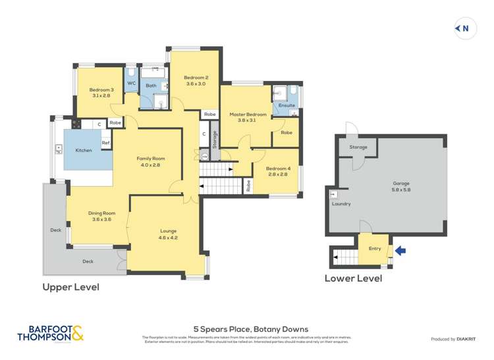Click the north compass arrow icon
point(465,28)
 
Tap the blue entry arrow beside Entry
point(401,251)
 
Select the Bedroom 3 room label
point(101,90)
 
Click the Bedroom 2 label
point(196,78)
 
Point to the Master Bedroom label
point(248,115)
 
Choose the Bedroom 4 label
point(277,168)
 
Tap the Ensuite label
point(287,105)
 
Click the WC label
point(131,84)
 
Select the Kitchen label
point(84,151)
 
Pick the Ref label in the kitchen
point(105,143)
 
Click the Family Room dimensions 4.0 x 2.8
point(150,165)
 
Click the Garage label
point(401,183)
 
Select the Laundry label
point(341,204)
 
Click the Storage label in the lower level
point(358,147)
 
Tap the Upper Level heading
point(71,287)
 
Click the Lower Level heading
point(353,278)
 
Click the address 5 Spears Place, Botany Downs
point(250,329)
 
